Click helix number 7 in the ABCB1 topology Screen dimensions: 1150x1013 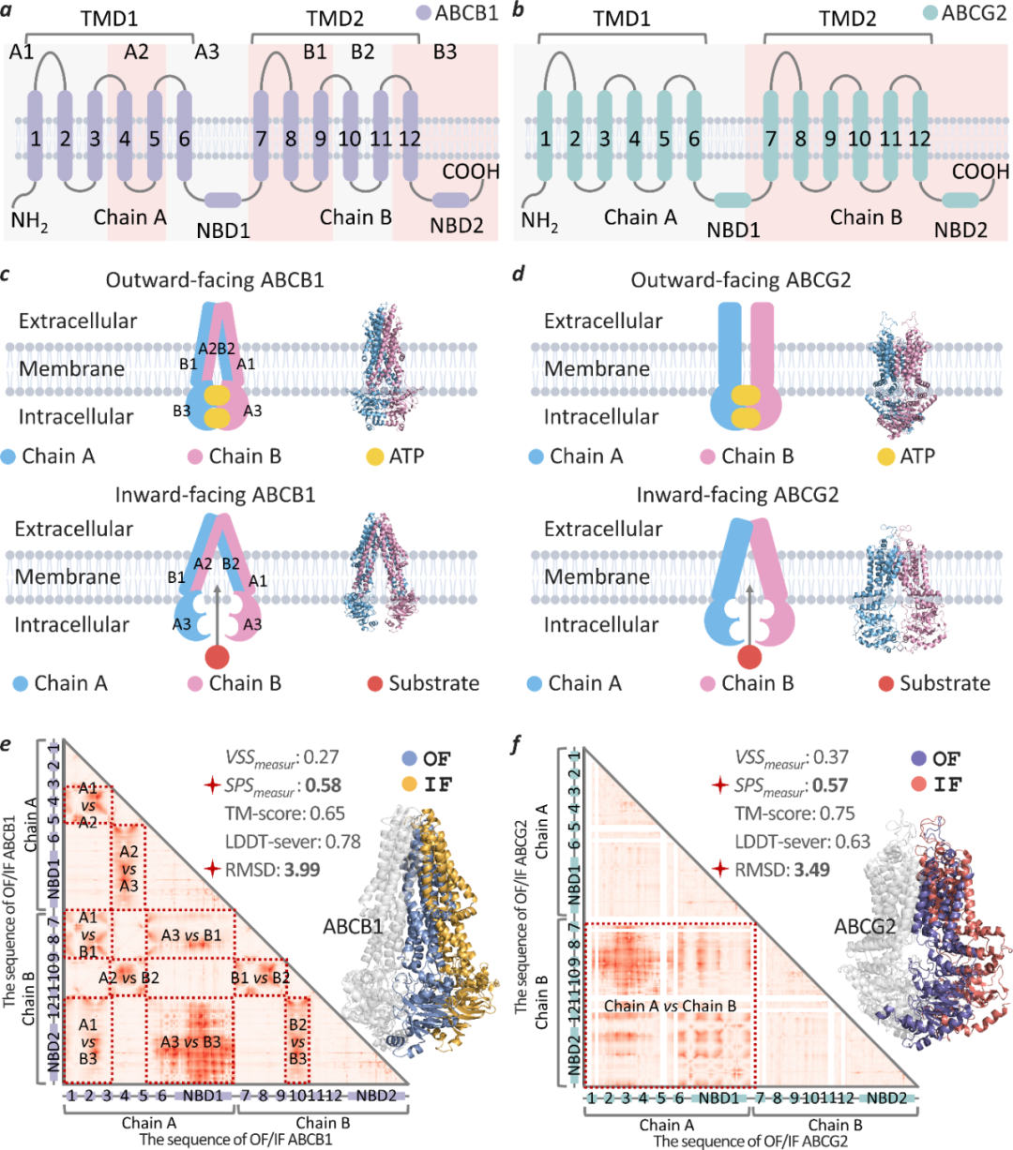pos(262,140)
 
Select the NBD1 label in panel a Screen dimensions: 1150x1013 pos(223,229)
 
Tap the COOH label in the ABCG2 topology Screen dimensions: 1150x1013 pos(980,172)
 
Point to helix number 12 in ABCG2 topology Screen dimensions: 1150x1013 pos(919,140)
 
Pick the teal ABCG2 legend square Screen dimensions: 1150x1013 pos(930,14)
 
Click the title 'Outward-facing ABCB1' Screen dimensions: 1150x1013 pos(215,280)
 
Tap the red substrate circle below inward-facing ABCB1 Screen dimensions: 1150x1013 pos(217,656)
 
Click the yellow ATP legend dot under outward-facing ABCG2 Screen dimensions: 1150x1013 pos(885,456)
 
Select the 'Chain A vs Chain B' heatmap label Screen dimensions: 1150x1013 pos(670,1006)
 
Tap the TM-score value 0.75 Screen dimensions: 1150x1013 pos(836,814)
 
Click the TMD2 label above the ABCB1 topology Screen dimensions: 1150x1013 pos(335,17)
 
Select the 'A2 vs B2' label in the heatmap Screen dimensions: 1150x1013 pos(129,978)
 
